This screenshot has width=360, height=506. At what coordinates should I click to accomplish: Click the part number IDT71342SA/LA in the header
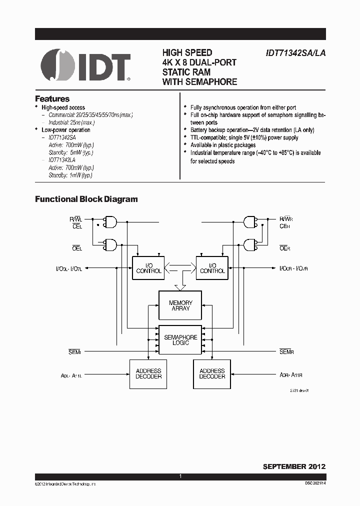click(295, 53)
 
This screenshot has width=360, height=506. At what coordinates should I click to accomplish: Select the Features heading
click(52, 99)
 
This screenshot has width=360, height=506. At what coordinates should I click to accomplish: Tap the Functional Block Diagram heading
click(86, 199)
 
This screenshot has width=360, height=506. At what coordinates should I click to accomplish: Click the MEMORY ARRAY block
click(180, 305)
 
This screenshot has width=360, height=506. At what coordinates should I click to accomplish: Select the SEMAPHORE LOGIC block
click(180, 340)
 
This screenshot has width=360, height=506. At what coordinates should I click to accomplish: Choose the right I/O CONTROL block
click(212, 268)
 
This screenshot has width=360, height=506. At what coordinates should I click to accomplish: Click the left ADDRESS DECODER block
click(148, 373)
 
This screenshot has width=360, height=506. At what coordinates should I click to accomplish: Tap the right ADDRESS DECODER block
click(212, 373)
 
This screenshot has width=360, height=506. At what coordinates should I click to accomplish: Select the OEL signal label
click(76, 247)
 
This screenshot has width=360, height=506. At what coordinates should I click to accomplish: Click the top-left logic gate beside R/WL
click(110, 221)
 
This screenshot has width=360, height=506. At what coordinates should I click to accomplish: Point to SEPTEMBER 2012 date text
click(294, 466)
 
